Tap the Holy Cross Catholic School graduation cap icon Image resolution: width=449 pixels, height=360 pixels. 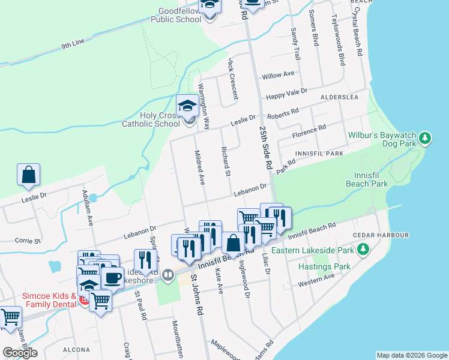click(x=188, y=106)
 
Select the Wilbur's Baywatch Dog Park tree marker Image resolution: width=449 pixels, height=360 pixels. click(x=425, y=139)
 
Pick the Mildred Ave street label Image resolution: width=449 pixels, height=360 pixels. click(x=200, y=167)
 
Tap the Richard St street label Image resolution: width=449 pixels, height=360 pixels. click(x=226, y=162)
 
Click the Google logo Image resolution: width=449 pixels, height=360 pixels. click(x=20, y=352)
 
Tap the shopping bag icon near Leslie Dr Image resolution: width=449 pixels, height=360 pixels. click(x=28, y=175)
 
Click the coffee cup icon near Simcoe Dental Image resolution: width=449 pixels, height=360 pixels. click(x=112, y=278)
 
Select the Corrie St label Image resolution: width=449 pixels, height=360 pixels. click(x=28, y=241)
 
